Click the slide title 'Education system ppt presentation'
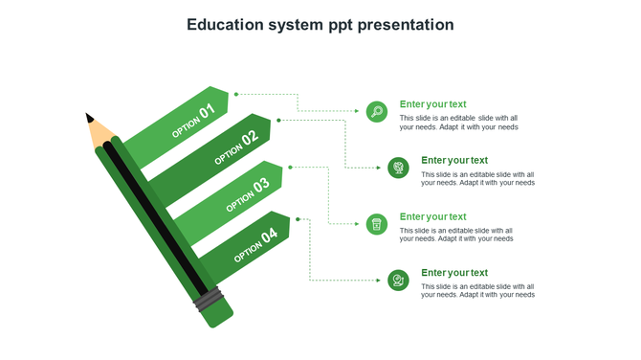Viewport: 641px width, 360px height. click(x=320, y=25)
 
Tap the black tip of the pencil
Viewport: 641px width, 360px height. click(x=90, y=119)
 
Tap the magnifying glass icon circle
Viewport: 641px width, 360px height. click(x=377, y=112)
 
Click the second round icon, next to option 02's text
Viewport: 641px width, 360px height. click(x=398, y=169)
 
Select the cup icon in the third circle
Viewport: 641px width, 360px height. click(x=377, y=224)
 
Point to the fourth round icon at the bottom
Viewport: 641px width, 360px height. click(x=398, y=281)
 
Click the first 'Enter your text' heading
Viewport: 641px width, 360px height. click(x=432, y=104)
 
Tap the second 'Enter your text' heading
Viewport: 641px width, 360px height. click(x=454, y=160)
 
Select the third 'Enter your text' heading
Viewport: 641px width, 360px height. click(x=432, y=216)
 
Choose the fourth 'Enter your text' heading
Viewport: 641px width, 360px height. click(x=454, y=273)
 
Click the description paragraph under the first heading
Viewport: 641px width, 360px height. click(x=458, y=123)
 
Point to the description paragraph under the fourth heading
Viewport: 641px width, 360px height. click(x=477, y=291)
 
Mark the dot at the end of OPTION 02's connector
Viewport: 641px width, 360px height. click(x=279, y=120)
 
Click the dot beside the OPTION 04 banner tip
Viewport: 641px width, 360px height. click(x=298, y=219)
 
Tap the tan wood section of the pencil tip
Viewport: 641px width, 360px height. click(x=100, y=133)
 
